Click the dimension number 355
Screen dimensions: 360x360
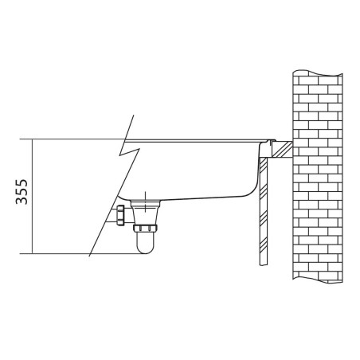[22, 192]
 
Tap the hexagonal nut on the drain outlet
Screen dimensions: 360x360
[120, 215]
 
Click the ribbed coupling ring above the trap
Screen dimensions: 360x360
[145, 228]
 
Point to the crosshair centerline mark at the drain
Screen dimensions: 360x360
[146, 202]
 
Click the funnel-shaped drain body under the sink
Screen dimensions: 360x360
[146, 213]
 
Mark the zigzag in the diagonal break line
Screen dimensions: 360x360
[130, 151]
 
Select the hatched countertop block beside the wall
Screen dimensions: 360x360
[282, 150]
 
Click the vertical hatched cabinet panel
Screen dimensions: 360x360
[264, 211]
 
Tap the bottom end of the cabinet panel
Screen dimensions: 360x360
[264, 265]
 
